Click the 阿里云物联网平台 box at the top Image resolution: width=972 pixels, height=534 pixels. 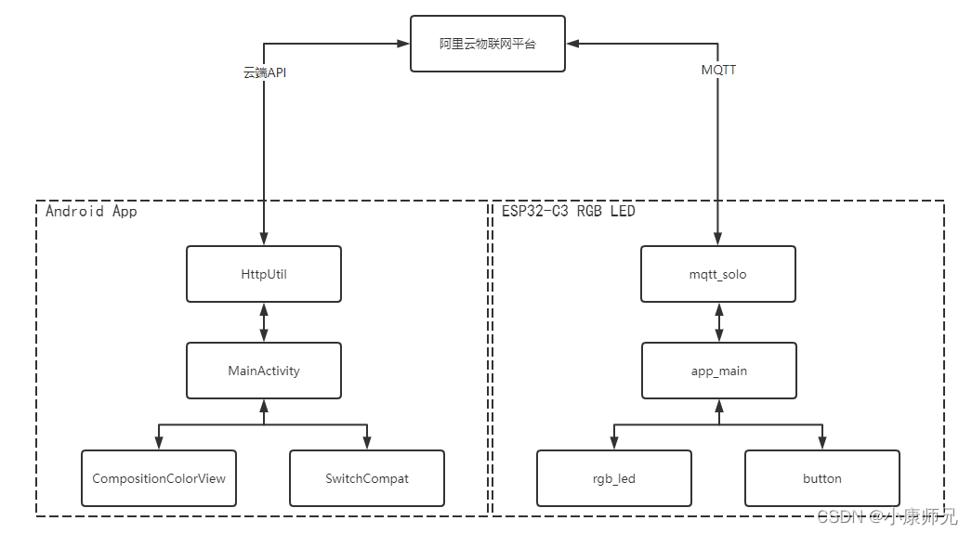488,44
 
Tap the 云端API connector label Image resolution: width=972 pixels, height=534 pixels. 265,72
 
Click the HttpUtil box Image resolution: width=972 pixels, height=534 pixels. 264,274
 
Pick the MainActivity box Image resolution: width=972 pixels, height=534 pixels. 264,371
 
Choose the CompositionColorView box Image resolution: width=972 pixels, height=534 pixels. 159,478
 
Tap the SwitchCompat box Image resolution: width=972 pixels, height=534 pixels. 367,478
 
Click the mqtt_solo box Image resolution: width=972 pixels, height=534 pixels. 718,274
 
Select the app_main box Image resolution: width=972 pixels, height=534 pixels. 718,371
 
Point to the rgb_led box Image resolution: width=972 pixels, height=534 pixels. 613,478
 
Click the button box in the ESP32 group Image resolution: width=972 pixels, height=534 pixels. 821,478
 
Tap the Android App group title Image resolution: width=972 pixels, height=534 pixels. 91,212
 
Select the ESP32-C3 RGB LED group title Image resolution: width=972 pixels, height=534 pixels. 568,212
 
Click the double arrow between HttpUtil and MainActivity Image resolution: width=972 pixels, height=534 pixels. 264,322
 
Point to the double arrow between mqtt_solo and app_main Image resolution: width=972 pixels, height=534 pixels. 718,322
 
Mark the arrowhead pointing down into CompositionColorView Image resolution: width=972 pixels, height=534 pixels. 159,443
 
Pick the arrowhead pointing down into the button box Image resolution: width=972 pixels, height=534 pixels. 821,443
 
